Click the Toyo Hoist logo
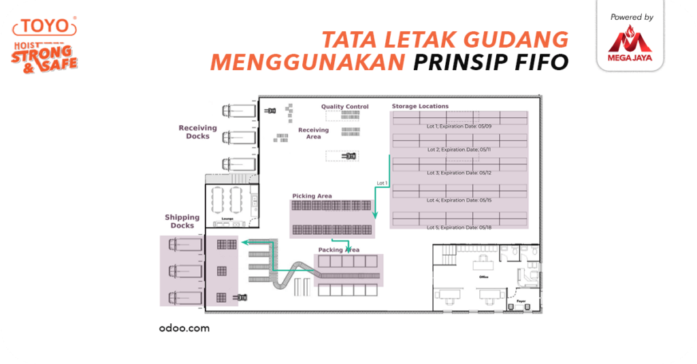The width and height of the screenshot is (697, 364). click(x=45, y=44)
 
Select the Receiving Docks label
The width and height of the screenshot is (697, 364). click(x=197, y=132)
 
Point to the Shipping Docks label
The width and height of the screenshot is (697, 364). click(x=182, y=221)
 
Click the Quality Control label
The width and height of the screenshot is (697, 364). click(x=345, y=107)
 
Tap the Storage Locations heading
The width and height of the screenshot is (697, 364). click(x=420, y=106)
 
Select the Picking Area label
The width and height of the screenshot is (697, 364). click(x=312, y=196)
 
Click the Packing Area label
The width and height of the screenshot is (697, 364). click(x=338, y=250)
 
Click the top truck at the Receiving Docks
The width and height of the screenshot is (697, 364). click(x=238, y=111)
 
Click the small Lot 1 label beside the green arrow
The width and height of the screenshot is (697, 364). click(x=381, y=183)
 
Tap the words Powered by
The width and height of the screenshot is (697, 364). click(x=632, y=17)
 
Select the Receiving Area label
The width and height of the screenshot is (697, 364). click(x=313, y=133)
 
